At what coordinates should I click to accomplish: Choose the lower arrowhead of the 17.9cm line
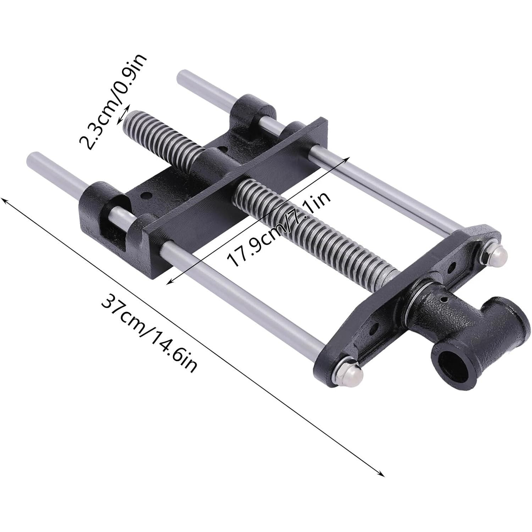pyautogui.click(x=169, y=282)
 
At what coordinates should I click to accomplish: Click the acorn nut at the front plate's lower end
pyautogui.click(x=350, y=367)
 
